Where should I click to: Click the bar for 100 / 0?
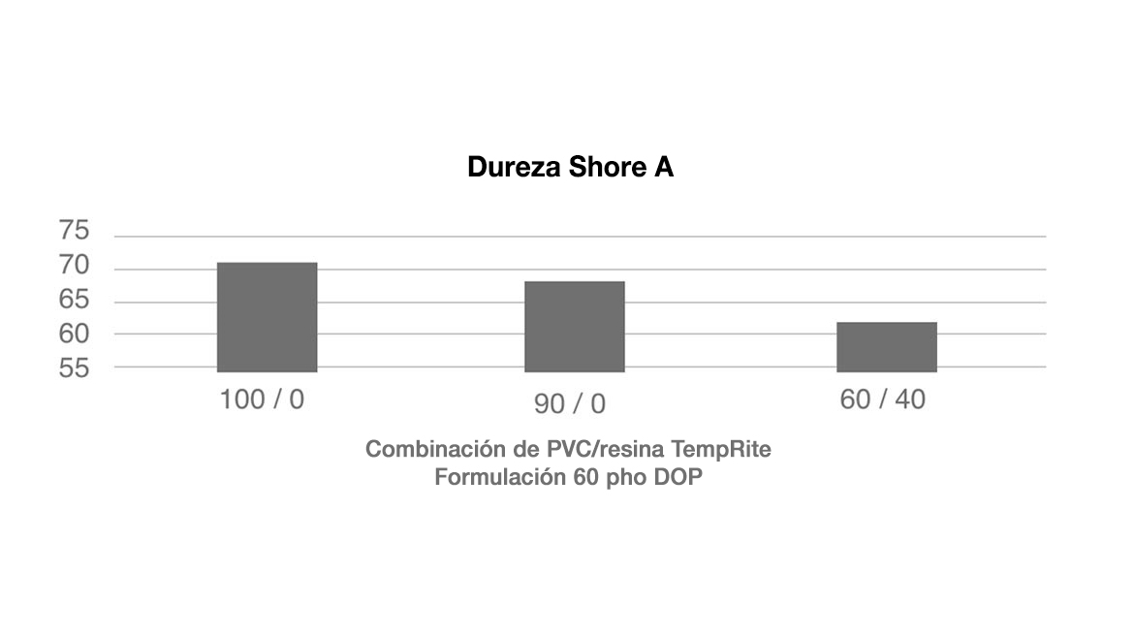[267, 317]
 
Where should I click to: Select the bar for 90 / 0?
[574, 326]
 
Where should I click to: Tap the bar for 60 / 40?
[887, 346]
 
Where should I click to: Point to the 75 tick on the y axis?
[74, 230]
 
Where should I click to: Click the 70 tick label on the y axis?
[74, 265]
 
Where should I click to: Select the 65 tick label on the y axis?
[74, 299]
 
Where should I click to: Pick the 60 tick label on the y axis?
[74, 334]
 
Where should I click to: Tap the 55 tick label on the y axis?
[74, 368]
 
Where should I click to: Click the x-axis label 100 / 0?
[262, 399]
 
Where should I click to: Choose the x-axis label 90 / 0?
[570, 403]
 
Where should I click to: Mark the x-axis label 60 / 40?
[882, 399]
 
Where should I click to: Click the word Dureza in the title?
[515, 167]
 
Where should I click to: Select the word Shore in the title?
[608, 167]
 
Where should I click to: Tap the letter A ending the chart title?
[664, 167]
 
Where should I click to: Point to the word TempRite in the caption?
[721, 449]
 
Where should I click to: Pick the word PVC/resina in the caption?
[605, 449]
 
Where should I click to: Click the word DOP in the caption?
[678, 477]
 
